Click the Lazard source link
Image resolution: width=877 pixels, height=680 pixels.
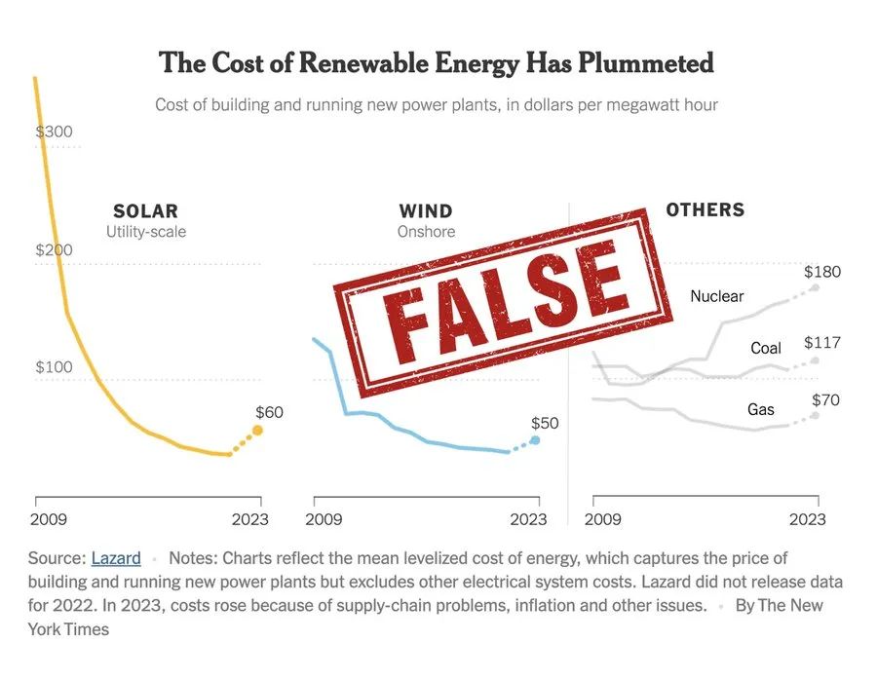tap(116, 558)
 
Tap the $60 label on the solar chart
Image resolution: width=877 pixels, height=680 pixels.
tap(269, 412)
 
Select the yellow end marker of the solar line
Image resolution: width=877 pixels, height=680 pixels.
tap(258, 430)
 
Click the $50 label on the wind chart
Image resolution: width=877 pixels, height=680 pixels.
tap(545, 423)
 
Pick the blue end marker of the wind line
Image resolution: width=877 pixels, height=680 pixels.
tap(534, 440)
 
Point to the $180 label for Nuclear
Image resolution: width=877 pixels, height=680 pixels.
tap(821, 272)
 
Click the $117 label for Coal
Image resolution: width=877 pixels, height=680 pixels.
tap(821, 343)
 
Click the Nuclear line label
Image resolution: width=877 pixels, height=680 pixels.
tap(716, 296)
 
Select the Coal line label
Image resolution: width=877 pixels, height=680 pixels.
tap(766, 348)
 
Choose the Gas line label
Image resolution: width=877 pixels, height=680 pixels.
tap(761, 409)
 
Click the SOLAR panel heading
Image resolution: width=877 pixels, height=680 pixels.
tap(146, 211)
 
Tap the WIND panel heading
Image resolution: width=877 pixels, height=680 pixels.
tap(426, 211)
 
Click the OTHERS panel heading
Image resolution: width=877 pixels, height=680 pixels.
tap(705, 209)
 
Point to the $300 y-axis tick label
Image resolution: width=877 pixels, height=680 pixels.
tap(55, 132)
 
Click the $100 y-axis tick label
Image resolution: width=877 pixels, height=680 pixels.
tap(55, 367)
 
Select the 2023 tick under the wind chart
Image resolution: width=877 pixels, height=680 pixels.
tap(529, 519)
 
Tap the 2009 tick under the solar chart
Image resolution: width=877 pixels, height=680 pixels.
tap(49, 519)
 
